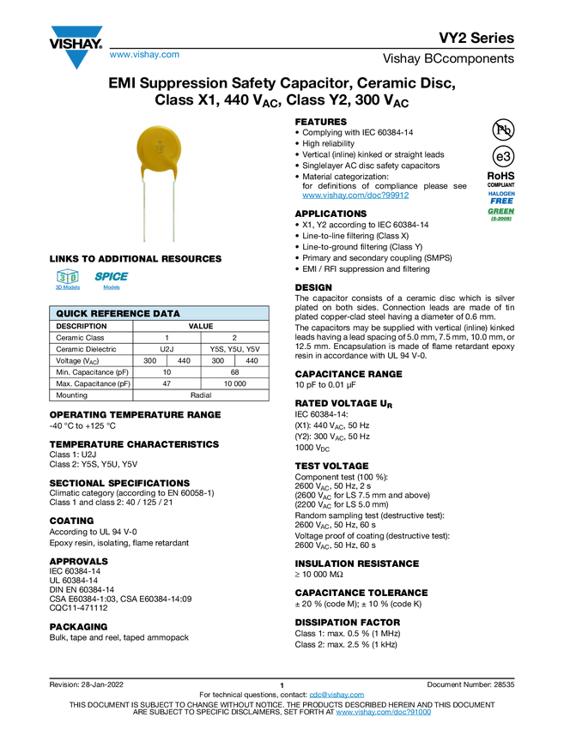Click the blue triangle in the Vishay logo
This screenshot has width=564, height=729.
click(x=77, y=60)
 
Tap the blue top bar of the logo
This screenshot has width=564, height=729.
click(x=77, y=32)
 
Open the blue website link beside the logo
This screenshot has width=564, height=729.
click(x=144, y=55)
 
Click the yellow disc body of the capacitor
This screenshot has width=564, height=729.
click(x=159, y=150)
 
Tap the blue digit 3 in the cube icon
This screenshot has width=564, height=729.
click(x=61, y=277)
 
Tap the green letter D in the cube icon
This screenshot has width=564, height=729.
click(x=73, y=277)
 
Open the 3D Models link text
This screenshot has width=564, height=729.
click(x=67, y=288)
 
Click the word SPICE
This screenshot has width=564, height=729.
click(x=112, y=276)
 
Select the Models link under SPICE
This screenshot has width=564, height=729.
click(x=112, y=288)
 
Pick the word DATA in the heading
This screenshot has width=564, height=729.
click(x=167, y=314)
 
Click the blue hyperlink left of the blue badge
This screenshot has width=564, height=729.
click(x=355, y=196)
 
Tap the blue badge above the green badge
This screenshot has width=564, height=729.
click(x=501, y=196)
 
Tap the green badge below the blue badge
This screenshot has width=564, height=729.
click(x=500, y=212)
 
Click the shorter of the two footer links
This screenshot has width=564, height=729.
click(x=337, y=695)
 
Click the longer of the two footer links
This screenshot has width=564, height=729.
click(x=384, y=713)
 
